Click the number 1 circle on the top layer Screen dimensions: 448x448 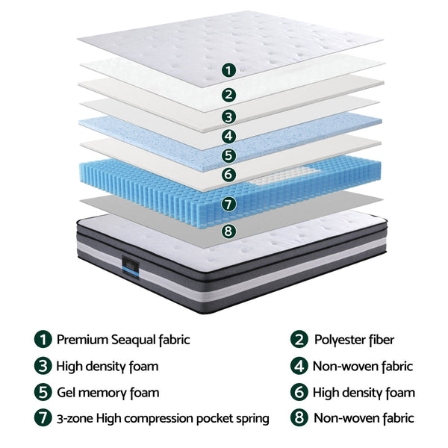[229, 70]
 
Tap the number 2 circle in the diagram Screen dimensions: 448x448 [229, 95]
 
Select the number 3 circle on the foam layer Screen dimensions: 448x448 [229, 116]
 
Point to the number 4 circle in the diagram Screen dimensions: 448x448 [229, 137]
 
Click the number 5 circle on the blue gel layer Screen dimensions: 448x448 [229, 156]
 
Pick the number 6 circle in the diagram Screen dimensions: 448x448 [229, 175]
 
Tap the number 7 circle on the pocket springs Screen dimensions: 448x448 [229, 203]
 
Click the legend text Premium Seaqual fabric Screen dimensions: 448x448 [123, 340]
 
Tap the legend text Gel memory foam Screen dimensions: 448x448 [108, 392]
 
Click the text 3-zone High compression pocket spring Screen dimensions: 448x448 [163, 418]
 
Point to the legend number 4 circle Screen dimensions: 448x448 [299, 366]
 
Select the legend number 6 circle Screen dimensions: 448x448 [299, 392]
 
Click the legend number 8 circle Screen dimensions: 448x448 [299, 418]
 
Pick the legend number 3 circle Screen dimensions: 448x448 [43, 366]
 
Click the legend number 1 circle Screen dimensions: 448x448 [43, 340]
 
